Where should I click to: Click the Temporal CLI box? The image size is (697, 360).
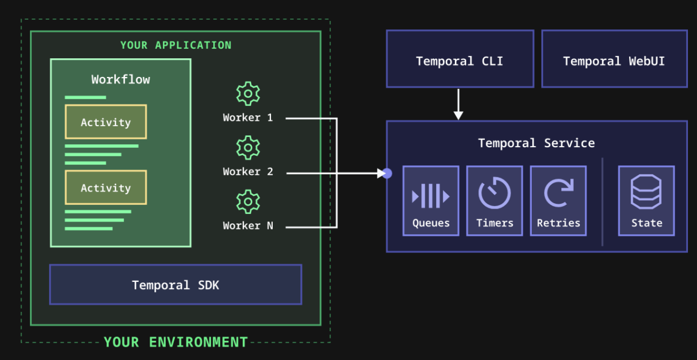click(460, 59)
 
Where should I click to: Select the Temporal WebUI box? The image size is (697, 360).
click(614, 59)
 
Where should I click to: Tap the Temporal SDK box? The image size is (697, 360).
click(175, 285)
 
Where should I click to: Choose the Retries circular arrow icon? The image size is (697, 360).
click(558, 194)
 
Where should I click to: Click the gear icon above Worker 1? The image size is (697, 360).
click(248, 94)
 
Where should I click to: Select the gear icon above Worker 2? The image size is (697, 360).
click(248, 148)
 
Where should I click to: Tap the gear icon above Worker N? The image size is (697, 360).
click(248, 202)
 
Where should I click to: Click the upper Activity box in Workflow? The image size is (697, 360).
click(106, 122)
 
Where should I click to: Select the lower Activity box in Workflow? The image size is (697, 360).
click(106, 188)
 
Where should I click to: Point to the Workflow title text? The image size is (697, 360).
click(121, 79)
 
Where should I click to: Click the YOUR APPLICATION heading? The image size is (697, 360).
click(175, 45)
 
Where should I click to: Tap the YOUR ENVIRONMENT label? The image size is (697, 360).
click(175, 342)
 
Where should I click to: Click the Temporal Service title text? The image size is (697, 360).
click(536, 143)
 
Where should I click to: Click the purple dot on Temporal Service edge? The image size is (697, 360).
click(387, 173)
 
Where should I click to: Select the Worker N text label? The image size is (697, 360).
click(248, 226)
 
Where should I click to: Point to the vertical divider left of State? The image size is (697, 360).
click(602, 201)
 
